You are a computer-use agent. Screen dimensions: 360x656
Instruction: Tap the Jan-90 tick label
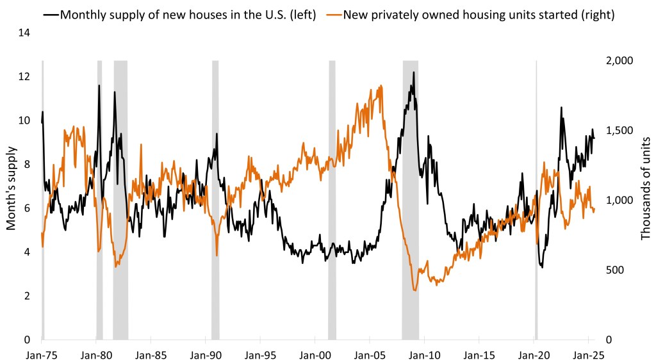(206, 352)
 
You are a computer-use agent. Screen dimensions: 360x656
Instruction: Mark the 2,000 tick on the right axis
(619, 60)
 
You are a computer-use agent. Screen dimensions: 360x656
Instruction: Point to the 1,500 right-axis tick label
(619, 130)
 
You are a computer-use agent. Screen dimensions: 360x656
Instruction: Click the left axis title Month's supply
(11, 186)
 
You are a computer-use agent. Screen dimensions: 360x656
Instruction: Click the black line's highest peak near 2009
(413, 72)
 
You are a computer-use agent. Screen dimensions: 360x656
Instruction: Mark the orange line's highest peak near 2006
(382, 85)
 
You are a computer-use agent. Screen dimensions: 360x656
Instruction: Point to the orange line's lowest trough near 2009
(415, 291)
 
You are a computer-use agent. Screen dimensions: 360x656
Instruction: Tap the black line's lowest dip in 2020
(543, 266)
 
